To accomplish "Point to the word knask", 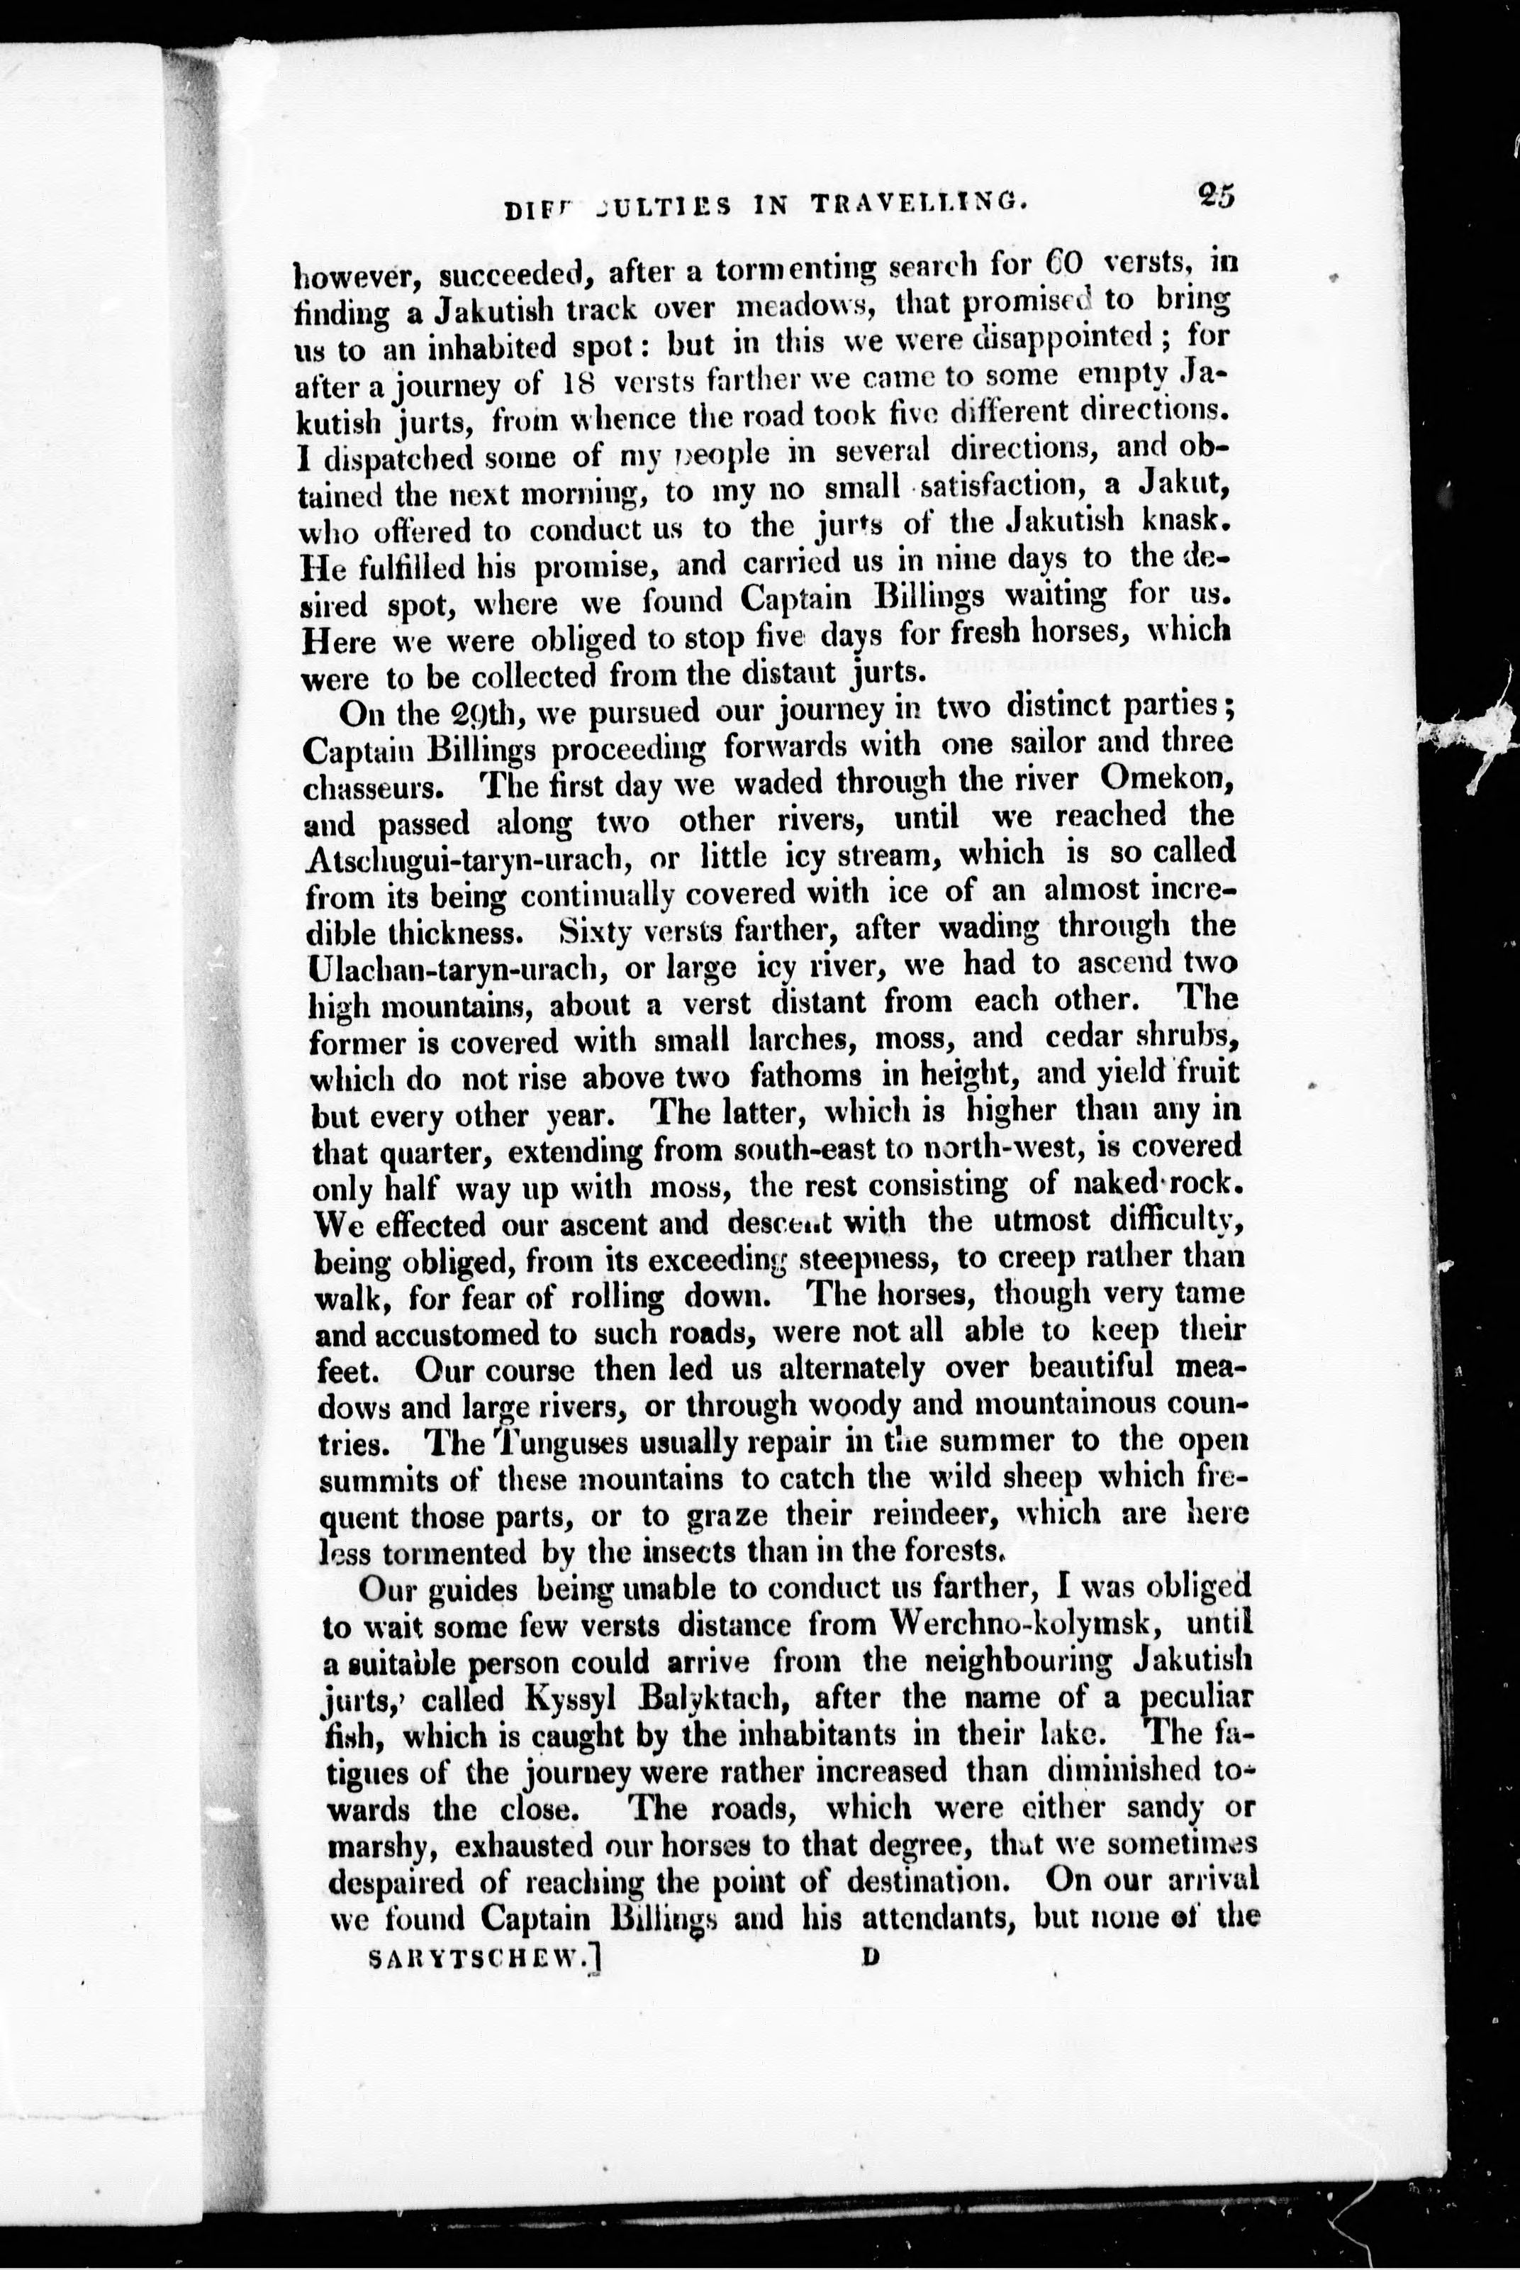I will (1183, 521).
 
